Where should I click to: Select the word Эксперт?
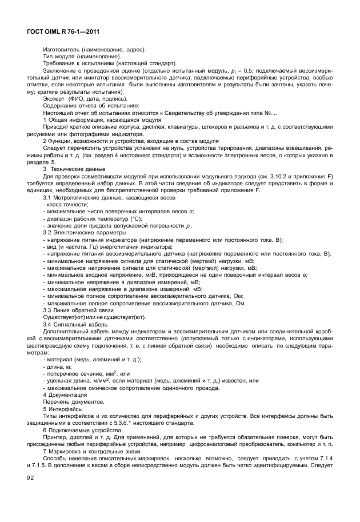[55, 99]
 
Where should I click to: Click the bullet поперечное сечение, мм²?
[86, 373]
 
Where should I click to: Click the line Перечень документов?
[73, 403]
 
